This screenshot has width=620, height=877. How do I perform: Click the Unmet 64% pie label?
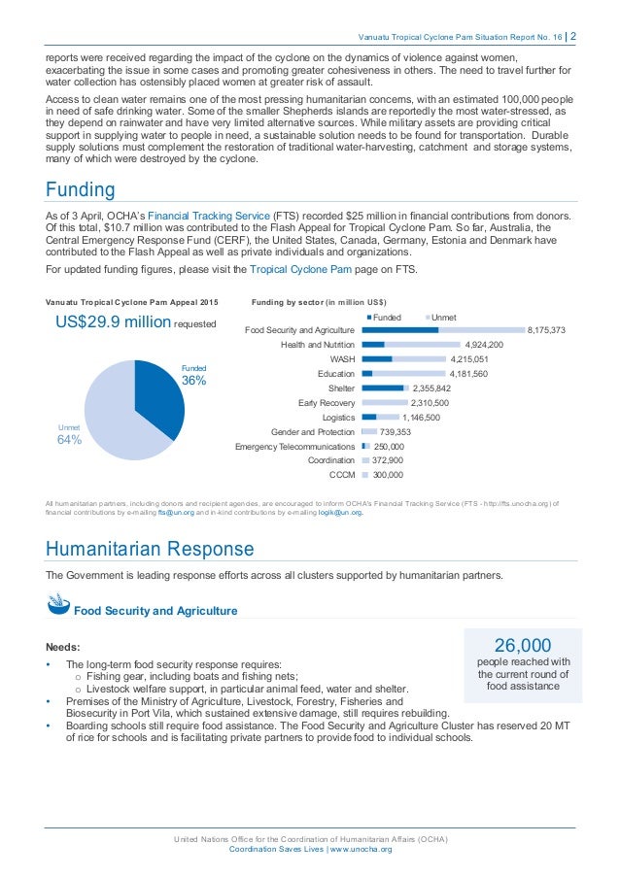69,434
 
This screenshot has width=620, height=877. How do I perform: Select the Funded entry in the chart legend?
384,318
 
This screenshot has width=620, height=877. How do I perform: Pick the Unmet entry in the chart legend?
440,318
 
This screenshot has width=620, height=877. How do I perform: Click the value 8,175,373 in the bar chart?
546,330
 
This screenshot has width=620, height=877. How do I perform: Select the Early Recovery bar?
382,402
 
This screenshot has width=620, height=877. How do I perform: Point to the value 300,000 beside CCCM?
388,475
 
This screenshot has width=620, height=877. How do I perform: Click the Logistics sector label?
336,417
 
